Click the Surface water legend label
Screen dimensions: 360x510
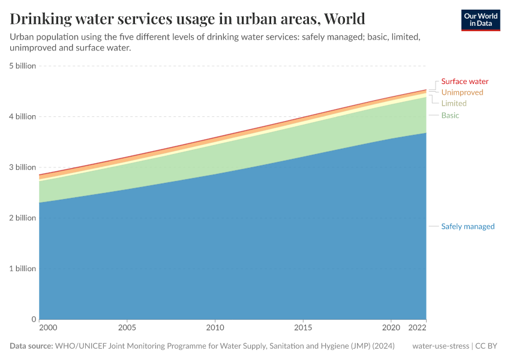coord(464,82)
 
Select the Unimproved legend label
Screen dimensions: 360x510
coord(462,92)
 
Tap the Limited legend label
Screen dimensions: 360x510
coord(454,103)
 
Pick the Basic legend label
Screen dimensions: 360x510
coord(450,115)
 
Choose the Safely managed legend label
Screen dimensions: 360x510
coord(467,226)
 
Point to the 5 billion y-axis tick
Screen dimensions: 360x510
coord(22,66)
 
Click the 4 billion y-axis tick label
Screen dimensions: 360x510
coord(22,116)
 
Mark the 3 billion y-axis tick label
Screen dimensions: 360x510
coord(22,167)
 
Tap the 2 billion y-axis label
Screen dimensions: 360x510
coord(22,218)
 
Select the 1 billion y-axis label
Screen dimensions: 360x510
coord(22,268)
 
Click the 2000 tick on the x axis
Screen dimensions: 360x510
coord(47,328)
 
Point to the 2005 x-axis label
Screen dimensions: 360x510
coord(127,328)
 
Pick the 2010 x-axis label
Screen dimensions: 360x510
coord(215,328)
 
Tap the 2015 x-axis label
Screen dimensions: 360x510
coord(303,328)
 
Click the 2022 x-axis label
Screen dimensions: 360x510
coord(418,328)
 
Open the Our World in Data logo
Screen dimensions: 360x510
coord(481,20)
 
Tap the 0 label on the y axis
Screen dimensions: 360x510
coord(34,319)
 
